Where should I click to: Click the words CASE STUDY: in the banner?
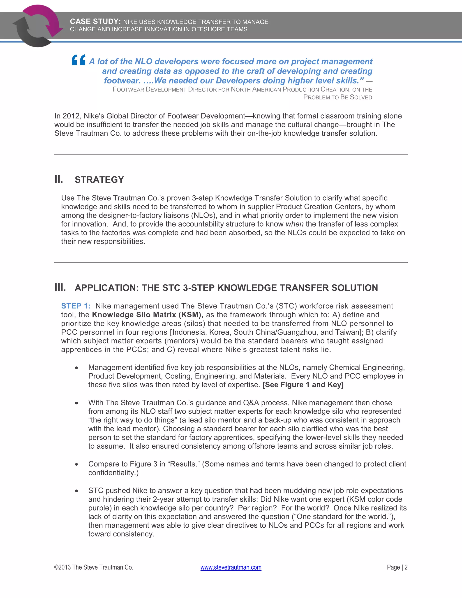(x=95, y=22)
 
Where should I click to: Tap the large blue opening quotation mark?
(x=79, y=60)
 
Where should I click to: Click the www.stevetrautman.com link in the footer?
(x=231, y=567)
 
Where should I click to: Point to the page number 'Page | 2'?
(x=397, y=567)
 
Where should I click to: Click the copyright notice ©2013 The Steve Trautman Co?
(x=94, y=567)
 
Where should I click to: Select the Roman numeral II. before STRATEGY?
(x=59, y=179)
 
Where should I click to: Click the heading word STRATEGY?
(x=99, y=180)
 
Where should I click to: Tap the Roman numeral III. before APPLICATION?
(x=60, y=287)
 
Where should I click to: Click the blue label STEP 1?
(x=76, y=306)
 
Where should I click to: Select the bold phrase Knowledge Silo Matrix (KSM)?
(x=148, y=315)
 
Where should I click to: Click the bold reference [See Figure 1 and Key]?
(x=303, y=385)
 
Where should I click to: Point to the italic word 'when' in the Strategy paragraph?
(x=294, y=224)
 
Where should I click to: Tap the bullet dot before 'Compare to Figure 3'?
(x=77, y=464)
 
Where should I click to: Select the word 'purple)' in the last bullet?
(x=100, y=508)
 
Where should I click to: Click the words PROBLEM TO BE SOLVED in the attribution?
(x=337, y=97)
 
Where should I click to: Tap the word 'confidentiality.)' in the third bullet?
(x=113, y=473)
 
